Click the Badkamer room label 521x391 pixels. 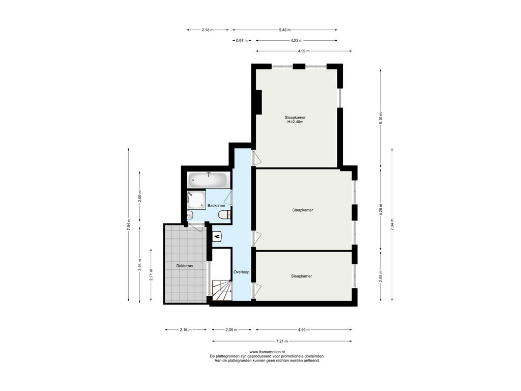pos(216,206)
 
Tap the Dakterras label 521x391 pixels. pos(185,266)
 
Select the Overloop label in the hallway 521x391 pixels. pos(241,272)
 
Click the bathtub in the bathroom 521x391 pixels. pos(208,180)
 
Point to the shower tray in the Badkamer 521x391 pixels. pos(196,200)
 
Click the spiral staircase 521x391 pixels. pos(222,290)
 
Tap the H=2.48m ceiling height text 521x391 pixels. pos(296,122)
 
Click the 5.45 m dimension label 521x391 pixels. pos(285,30)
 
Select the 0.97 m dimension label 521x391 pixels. pos(242,41)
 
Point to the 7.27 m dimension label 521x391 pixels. pos(282,341)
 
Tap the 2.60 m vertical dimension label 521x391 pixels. pos(139,196)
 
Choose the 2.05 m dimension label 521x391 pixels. pos(231,330)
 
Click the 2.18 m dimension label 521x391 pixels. pos(208,30)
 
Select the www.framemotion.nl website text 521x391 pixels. pos(267,352)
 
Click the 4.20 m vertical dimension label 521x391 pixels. pos(381,210)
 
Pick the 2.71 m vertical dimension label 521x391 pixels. pos(151,274)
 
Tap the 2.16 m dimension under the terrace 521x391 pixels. pos(186,330)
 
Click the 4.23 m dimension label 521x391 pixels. pos(297,41)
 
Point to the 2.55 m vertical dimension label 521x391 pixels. pos(381,276)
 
